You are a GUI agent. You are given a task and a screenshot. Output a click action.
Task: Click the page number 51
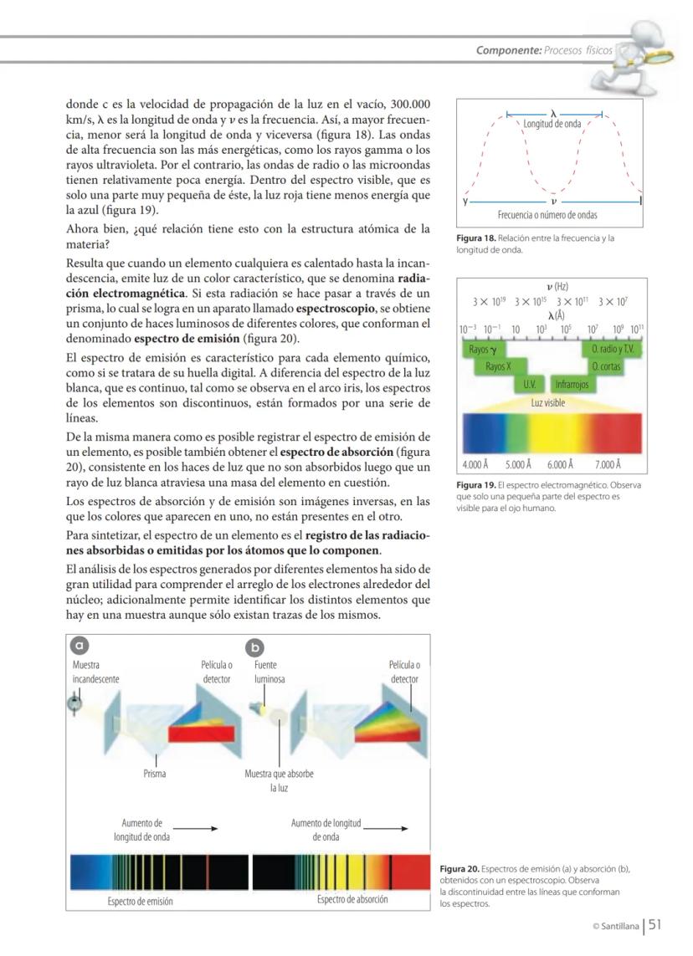point(654,924)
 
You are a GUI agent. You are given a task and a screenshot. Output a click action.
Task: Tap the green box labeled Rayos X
point(497,366)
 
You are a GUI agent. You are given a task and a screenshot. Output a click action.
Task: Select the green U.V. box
point(529,384)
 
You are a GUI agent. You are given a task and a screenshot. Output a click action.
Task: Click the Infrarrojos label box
point(572,384)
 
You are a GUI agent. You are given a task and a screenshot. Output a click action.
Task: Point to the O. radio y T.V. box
point(612,349)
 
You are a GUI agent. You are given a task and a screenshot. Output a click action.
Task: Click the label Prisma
point(155,774)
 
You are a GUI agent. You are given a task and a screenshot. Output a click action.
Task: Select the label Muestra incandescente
point(95,672)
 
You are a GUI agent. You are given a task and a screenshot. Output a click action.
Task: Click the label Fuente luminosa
point(269,672)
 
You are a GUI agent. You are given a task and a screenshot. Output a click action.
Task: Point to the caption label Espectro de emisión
point(141,901)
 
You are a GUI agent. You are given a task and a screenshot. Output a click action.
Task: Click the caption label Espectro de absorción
point(352,900)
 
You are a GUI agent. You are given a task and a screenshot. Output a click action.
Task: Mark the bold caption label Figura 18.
point(472,238)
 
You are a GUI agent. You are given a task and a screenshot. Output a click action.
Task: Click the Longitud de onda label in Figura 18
point(552,125)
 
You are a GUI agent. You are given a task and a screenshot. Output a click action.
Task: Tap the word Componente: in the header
point(508,50)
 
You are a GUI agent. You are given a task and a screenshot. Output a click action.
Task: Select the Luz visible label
point(548,402)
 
